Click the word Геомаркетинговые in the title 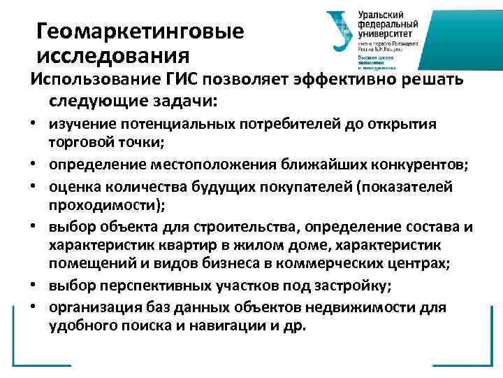pyautogui.click(x=140, y=31)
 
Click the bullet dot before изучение pyautogui.click(x=33, y=124)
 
